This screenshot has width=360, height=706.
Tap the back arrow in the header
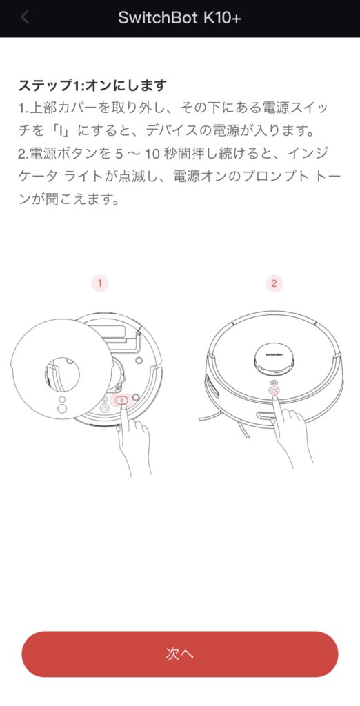coord(25,17)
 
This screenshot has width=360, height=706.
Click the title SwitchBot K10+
coord(180,17)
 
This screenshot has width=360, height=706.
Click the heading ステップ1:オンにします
coord(92,85)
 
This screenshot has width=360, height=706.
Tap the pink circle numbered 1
coord(99,283)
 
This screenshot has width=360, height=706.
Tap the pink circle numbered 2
coord(274,283)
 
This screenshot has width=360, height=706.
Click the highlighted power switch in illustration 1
coord(121,400)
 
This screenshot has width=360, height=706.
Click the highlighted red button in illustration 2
coord(274,390)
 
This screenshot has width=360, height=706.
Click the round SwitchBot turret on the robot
coord(274,359)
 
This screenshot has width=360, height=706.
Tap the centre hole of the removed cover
coord(62,374)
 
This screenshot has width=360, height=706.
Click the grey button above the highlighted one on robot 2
coord(274,382)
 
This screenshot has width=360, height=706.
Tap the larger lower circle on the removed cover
coord(63,407)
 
